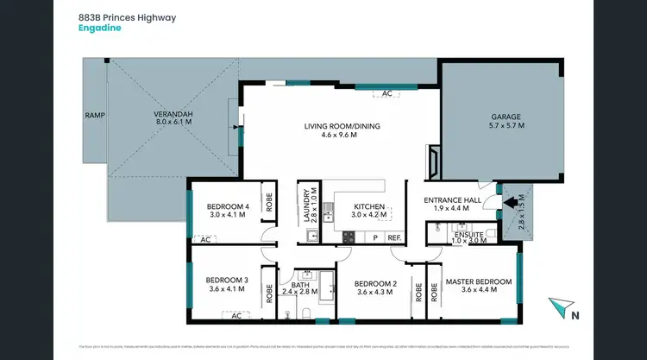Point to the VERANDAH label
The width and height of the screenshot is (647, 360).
(x=173, y=114)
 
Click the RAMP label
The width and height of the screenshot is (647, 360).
(x=94, y=114)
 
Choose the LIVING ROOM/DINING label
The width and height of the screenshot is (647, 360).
(x=342, y=126)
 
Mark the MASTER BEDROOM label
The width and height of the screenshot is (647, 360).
(x=478, y=281)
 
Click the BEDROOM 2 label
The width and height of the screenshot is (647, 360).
(x=374, y=282)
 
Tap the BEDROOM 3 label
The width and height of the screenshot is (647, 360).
(x=228, y=280)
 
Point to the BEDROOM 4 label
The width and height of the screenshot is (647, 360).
(x=228, y=205)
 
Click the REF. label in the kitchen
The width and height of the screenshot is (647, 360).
(x=394, y=237)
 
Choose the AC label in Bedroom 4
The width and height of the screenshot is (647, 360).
(x=205, y=240)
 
